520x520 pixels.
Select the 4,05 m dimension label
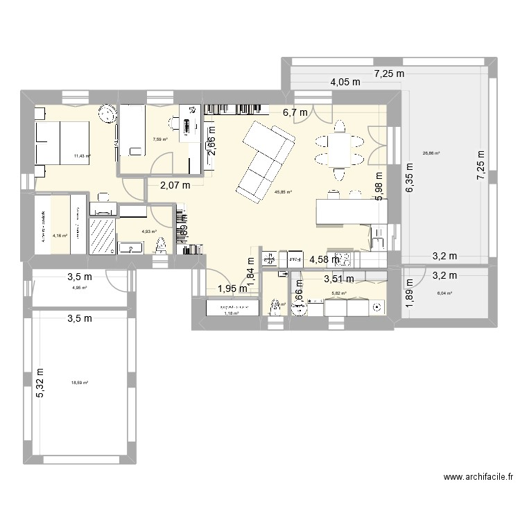[345, 82]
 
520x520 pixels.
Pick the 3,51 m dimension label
[340, 279]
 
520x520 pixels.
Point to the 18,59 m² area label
[80, 382]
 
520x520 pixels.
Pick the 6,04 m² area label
[444, 293]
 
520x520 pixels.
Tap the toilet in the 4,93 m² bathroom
[162, 245]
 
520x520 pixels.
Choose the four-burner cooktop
[344, 259]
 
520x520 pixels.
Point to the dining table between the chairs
[339, 147]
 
